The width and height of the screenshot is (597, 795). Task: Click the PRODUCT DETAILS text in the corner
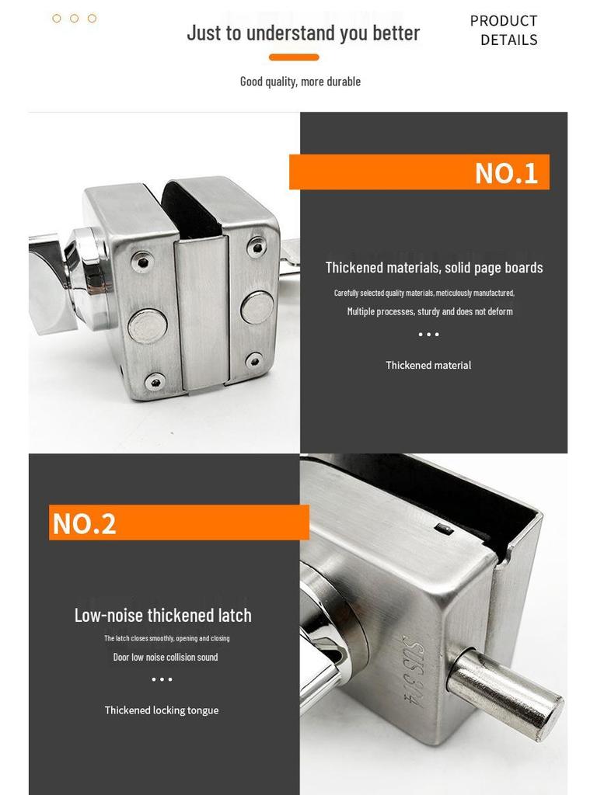tap(504, 30)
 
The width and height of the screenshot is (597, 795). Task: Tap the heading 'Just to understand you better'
tap(303, 33)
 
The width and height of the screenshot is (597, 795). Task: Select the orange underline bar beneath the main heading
tap(294, 57)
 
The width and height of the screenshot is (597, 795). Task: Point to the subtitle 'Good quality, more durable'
tap(300, 82)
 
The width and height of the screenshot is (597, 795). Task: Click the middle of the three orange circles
tap(74, 18)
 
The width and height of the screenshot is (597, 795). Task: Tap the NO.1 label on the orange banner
tap(506, 172)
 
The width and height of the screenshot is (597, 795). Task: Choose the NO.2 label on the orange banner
tap(84, 523)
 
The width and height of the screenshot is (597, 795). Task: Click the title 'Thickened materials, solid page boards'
tap(434, 268)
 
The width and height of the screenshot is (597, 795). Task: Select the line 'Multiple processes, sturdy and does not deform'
tap(429, 311)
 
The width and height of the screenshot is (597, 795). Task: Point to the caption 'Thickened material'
tap(428, 365)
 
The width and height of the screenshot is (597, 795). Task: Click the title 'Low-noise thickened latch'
tap(162, 616)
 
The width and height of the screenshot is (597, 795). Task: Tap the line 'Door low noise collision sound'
tap(165, 657)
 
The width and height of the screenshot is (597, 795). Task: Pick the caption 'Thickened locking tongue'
tap(162, 710)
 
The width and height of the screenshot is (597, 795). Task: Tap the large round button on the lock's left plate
tap(146, 325)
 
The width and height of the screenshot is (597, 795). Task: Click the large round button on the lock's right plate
tap(257, 307)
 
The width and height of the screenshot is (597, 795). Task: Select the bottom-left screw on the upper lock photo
tap(155, 381)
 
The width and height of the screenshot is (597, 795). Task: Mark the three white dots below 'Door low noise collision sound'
tap(162, 679)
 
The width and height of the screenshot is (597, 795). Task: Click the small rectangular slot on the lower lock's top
tap(444, 529)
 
